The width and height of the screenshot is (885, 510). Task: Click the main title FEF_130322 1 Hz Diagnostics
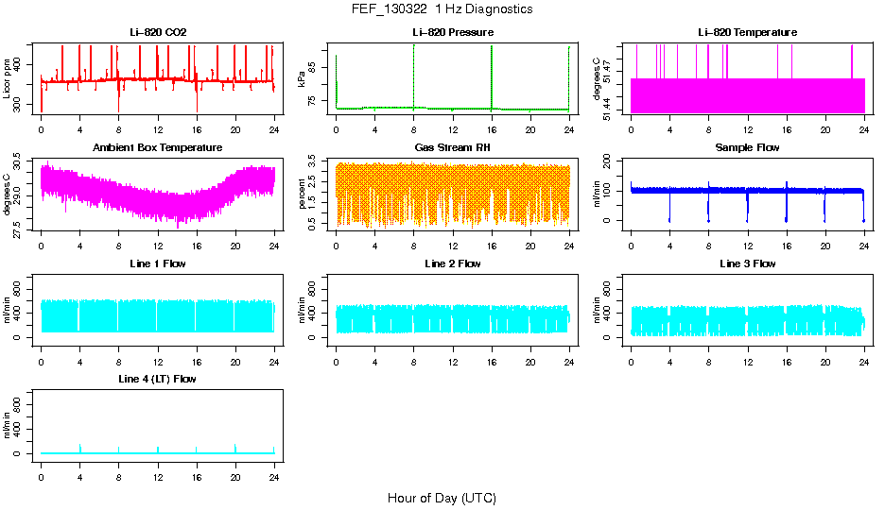[442, 9]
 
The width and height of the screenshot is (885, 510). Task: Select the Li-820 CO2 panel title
[158, 33]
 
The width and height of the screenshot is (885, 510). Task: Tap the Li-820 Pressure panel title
[453, 33]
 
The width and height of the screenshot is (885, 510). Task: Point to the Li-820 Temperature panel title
[747, 33]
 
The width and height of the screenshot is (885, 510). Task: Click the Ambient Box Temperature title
[158, 148]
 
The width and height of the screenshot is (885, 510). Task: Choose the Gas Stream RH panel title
[453, 148]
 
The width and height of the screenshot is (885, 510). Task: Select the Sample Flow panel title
[747, 148]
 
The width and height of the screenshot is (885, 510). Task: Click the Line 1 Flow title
[158, 263]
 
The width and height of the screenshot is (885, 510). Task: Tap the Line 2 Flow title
[453, 263]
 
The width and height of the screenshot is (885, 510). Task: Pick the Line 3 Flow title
[747, 263]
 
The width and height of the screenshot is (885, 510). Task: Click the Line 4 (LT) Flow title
[158, 379]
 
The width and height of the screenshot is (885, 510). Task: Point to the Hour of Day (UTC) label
[442, 498]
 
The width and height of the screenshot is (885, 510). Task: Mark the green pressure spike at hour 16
[492, 76]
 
